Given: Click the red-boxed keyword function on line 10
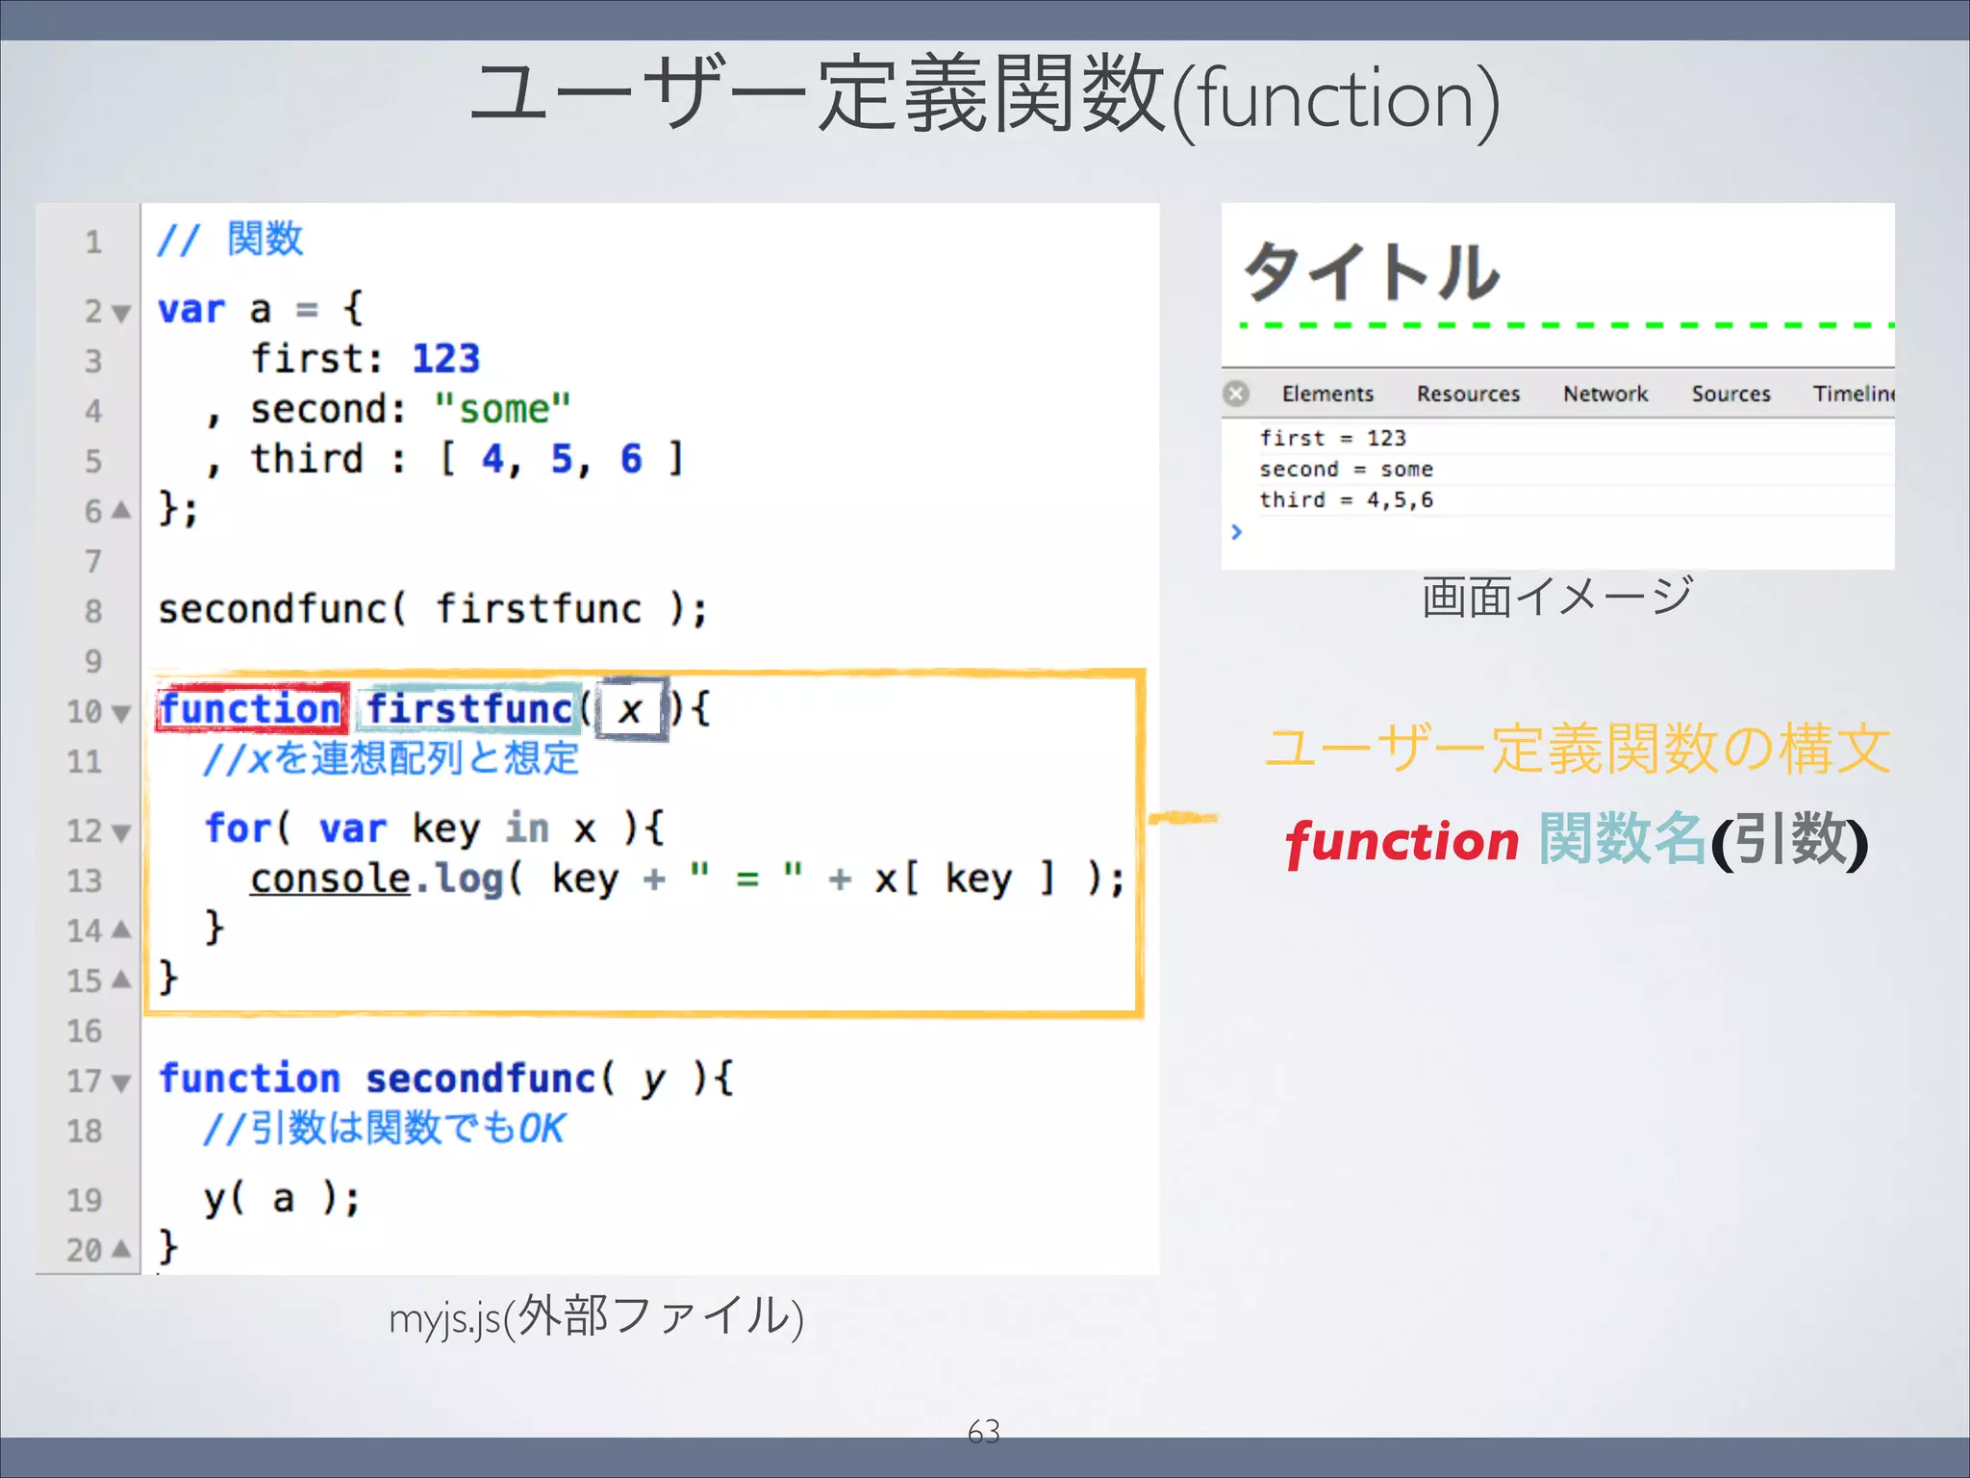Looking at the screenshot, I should coord(250,709).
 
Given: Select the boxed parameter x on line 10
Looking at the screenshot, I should coord(631,710).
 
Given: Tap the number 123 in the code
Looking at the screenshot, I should coord(445,359).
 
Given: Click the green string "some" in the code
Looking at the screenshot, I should coord(502,409).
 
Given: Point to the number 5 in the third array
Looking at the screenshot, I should coord(562,459).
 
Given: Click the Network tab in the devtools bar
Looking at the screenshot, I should coord(1604,394).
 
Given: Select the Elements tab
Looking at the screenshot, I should coord(1327,394).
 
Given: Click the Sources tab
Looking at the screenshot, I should coord(1730,394).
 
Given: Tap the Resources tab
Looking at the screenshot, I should coord(1468,394).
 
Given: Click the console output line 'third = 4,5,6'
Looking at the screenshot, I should coord(1346,499).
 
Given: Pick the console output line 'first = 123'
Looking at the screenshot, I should coord(1332,438).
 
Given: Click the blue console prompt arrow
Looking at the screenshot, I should coord(1237,531).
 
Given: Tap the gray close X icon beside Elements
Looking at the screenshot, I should coord(1237,394).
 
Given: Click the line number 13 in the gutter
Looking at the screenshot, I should coord(85,880).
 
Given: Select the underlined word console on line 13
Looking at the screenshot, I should coord(330,879).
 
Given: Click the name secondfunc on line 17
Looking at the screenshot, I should coord(481,1079).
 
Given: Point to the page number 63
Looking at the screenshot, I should coord(984,1432).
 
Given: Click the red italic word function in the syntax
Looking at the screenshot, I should coord(1402,842).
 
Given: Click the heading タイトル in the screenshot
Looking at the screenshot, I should coord(1372,271).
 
